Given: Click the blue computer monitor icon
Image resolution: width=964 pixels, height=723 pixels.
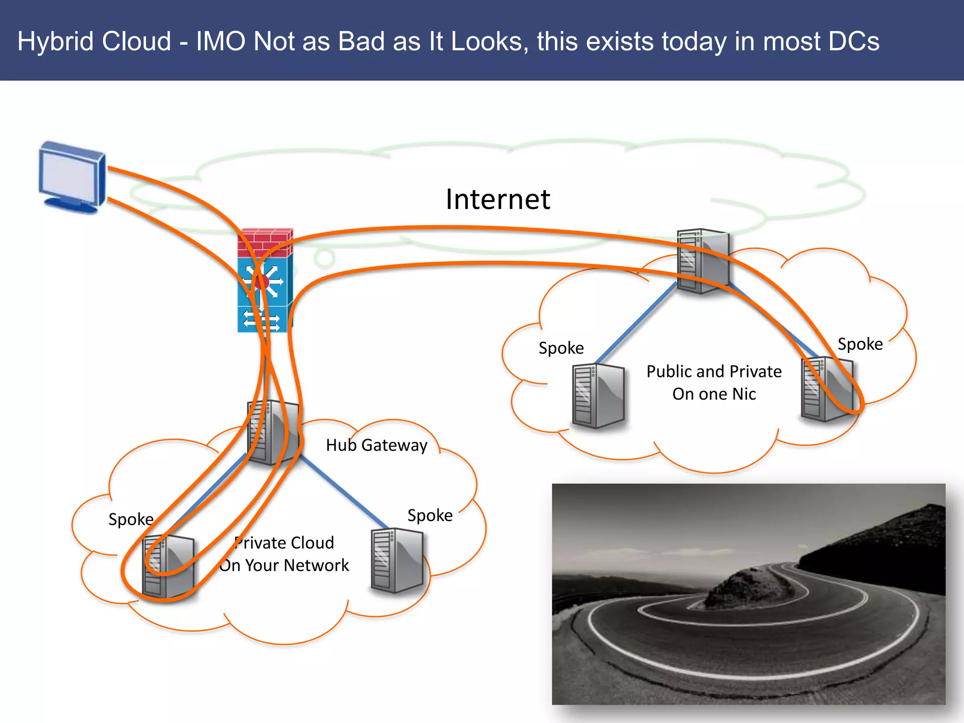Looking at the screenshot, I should pos(72,177).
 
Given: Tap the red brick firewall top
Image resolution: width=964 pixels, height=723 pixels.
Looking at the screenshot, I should pos(265,242).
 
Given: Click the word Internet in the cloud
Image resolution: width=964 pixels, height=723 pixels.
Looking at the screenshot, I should pos(498,199).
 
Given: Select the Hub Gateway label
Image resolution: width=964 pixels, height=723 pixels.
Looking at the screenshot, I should pos(377,445).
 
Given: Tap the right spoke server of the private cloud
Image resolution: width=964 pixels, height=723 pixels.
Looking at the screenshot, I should pos(397,560).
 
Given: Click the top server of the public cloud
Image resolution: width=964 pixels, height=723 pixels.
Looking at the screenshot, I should pos(703,261).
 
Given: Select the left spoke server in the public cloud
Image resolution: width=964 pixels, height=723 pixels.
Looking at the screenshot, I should pos(598,396).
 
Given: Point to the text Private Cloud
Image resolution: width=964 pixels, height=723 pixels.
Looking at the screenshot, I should pos(285,543).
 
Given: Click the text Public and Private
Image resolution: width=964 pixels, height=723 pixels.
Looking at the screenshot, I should pos(714,372).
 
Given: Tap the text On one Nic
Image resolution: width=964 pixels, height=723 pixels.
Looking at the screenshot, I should pos(714,394).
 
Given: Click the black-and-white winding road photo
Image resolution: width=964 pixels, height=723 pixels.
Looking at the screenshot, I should pos(748,594).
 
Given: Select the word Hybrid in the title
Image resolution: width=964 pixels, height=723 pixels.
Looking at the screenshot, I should pos(56,41).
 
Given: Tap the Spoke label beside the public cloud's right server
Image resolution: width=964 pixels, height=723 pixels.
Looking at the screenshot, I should pos(860,344).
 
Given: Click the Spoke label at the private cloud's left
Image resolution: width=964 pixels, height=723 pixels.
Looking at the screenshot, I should pos(131,519).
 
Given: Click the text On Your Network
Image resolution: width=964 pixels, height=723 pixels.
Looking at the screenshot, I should pos(284,565).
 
